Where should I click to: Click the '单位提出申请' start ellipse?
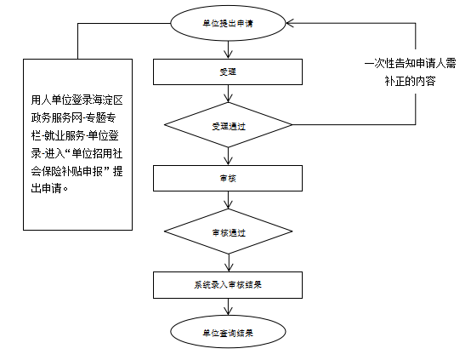tap(228, 23)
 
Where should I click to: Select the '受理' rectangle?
tap(228, 71)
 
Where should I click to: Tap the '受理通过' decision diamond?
tap(228, 125)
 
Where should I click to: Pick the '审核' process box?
tap(228, 179)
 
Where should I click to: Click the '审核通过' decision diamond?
tap(228, 231)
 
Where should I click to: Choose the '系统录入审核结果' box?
tap(228, 285)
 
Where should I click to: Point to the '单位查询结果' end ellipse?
tap(228, 332)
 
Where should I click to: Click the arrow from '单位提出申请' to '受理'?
tap(228, 49)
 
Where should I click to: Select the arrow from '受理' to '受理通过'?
tap(228, 94)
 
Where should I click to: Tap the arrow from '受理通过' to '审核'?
tap(228, 156)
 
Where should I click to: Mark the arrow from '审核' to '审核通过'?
tap(228, 200)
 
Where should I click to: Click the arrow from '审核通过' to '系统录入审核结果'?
tap(229, 263)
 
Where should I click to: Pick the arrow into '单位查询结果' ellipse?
tap(228, 306)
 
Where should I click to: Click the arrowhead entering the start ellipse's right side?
tap(289, 23)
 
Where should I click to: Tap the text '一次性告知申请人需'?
tap(411, 64)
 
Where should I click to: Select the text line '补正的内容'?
tap(411, 81)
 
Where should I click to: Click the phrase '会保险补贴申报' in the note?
tap(66, 171)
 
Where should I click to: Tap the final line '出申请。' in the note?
tap(50, 189)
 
